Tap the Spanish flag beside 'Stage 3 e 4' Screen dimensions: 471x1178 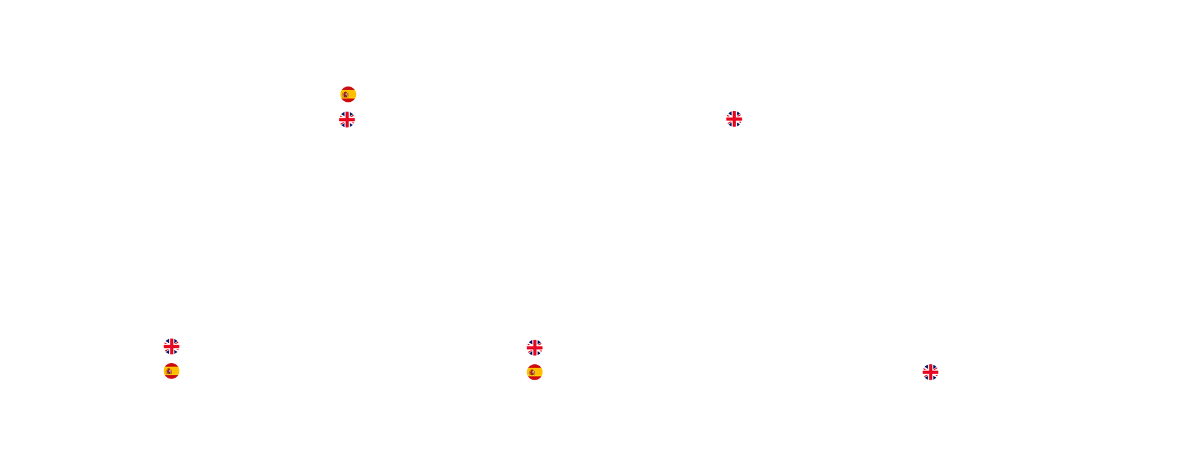click(348, 94)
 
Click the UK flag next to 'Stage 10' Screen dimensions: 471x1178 click(734, 119)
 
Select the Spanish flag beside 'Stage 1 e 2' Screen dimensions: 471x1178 click(171, 371)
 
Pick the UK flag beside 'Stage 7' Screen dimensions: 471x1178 click(534, 348)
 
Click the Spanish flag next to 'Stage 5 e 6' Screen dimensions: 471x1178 click(534, 372)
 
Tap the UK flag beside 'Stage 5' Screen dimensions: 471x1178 click(347, 120)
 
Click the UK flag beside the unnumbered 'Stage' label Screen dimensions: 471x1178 click(930, 372)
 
